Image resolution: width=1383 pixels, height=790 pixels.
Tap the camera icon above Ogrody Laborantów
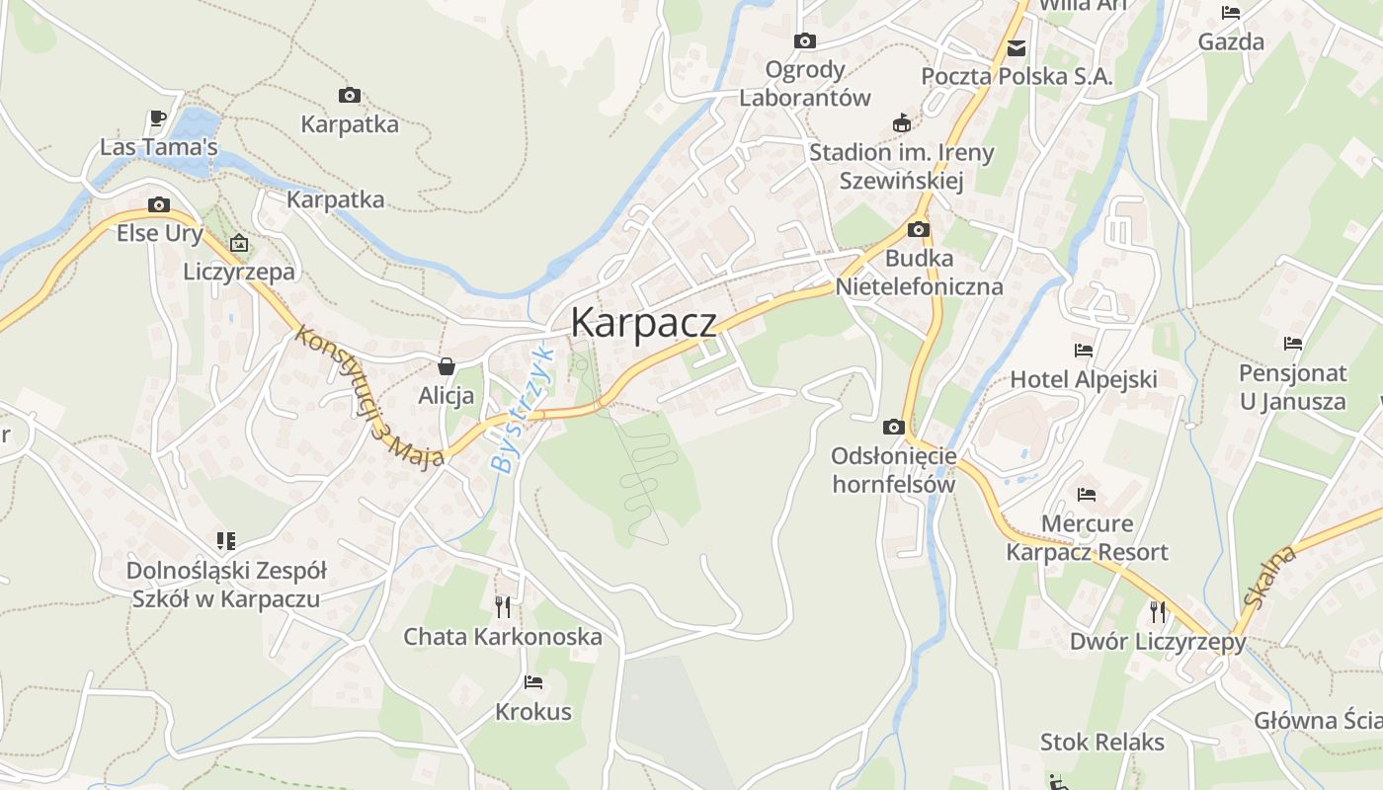(805, 40)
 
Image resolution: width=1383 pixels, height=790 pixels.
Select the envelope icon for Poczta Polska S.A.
(1016, 47)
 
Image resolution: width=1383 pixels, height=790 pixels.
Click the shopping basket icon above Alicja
(447, 366)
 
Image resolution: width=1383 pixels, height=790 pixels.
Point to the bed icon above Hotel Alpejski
(1084, 350)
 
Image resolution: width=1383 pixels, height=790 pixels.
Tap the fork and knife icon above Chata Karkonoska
(503, 605)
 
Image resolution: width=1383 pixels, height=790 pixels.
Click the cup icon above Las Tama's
(158, 118)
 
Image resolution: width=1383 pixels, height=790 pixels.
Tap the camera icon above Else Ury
(158, 205)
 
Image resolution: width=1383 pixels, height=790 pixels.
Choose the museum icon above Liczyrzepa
(239, 243)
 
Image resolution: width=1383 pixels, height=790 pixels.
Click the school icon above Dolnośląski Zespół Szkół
(226, 541)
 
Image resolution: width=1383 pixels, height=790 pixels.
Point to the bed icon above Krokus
(533, 681)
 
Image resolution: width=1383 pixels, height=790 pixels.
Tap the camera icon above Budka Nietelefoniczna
(919, 230)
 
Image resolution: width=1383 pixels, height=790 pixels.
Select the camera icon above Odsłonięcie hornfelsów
(893, 427)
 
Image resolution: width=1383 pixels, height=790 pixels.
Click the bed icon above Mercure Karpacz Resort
(1087, 494)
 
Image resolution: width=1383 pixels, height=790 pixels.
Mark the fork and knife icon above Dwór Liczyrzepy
(1158, 612)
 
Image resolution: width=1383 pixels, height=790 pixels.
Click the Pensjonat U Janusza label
(1292, 387)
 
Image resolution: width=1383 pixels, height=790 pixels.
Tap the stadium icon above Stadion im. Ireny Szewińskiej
(900, 123)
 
